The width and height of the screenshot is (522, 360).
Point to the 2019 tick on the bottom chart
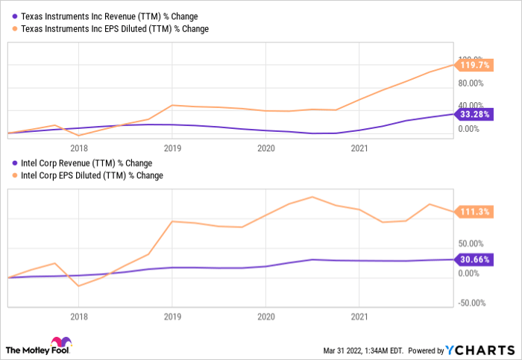(172, 316)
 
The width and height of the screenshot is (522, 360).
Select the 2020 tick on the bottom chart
(265, 316)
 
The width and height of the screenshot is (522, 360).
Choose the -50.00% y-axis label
(471, 303)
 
